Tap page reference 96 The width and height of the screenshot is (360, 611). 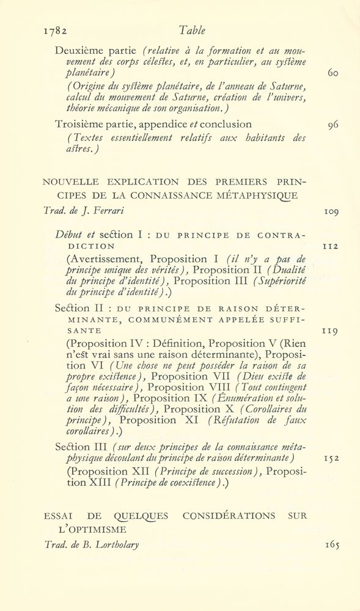coord(332,125)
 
